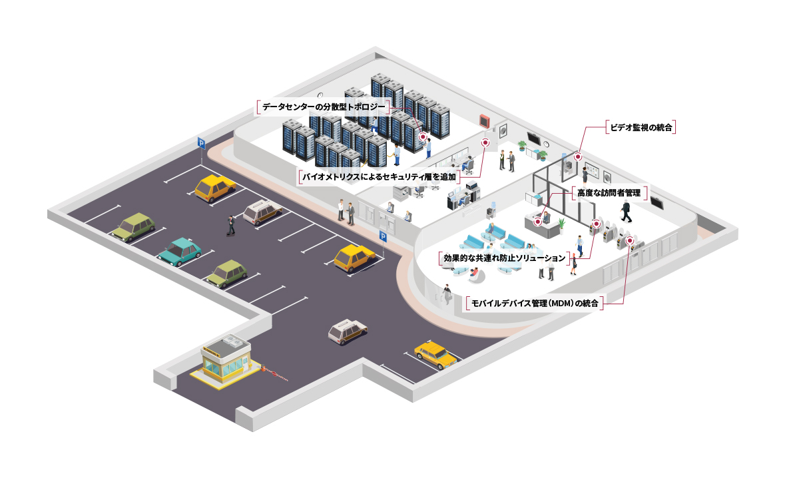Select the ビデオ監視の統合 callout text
tap(641, 126)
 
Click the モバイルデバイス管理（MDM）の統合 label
tap(535, 304)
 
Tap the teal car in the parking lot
tap(179, 251)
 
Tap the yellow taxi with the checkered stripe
tap(435, 354)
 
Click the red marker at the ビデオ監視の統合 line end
tap(578, 157)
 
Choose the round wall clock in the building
tap(546, 143)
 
